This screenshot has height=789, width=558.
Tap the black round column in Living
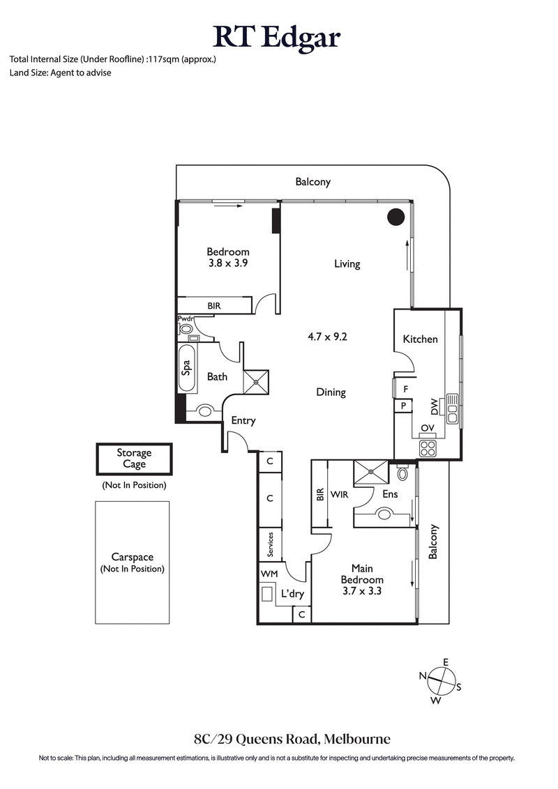click(395, 217)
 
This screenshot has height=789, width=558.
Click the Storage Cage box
click(133, 459)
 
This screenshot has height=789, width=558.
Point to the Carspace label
click(133, 558)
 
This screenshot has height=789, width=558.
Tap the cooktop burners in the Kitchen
click(427, 448)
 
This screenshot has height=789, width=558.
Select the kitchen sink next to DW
click(452, 410)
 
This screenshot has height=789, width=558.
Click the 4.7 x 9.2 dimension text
click(327, 336)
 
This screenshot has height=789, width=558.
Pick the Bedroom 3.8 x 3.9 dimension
click(227, 263)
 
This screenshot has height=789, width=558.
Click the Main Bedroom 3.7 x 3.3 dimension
click(361, 590)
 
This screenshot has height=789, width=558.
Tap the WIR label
click(340, 494)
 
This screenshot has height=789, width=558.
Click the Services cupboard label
click(269, 545)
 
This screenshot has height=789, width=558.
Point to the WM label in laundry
click(269, 573)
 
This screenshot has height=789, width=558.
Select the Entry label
click(243, 420)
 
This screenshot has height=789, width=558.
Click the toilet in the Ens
click(402, 473)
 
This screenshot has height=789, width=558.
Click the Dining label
click(331, 392)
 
